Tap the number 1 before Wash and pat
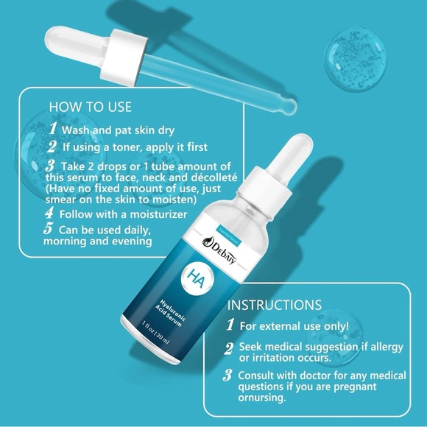[52, 129]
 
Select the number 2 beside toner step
[52, 148]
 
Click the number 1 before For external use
[230, 325]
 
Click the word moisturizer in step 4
[154, 214]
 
